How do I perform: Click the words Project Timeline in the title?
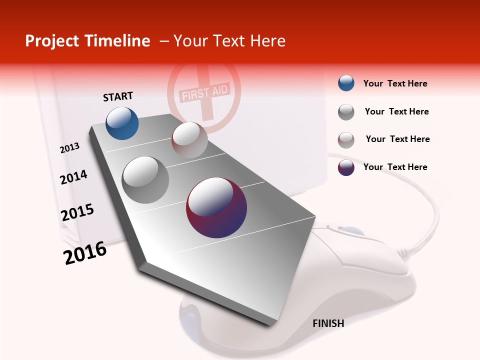click(x=87, y=41)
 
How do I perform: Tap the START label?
click(x=118, y=96)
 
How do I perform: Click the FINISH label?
click(x=328, y=323)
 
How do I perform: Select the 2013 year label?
click(x=70, y=148)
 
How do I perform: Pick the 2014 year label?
click(x=73, y=177)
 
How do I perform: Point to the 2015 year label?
click(x=77, y=212)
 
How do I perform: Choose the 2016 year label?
click(x=85, y=253)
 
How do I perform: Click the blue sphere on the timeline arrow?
click(x=122, y=123)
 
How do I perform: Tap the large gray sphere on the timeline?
click(x=145, y=179)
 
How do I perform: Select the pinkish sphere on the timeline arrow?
click(x=189, y=140)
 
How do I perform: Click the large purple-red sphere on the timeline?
click(x=216, y=207)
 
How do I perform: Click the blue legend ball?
click(x=346, y=83)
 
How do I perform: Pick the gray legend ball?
click(x=346, y=112)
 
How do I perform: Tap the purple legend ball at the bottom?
click(x=346, y=167)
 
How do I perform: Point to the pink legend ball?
click(x=346, y=140)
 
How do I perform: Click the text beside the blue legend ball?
click(x=395, y=83)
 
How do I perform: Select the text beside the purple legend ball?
click(x=395, y=167)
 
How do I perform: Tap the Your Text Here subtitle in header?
click(x=229, y=41)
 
